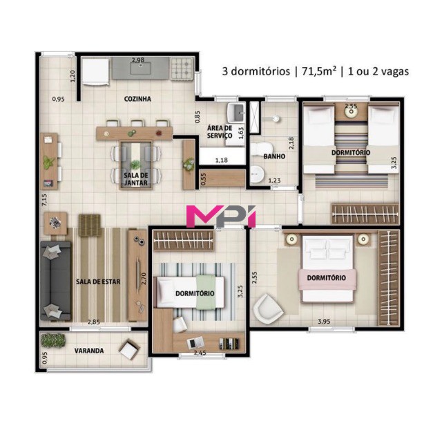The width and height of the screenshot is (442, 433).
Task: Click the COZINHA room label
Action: [x=137, y=99]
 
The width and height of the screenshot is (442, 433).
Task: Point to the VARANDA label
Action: [x=89, y=351]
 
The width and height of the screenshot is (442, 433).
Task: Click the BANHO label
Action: [x=274, y=156]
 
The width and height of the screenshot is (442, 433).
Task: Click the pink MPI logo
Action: [x=222, y=216]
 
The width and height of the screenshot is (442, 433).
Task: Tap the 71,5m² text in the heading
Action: [x=316, y=71]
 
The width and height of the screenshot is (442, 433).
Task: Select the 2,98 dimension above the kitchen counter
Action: [x=138, y=61]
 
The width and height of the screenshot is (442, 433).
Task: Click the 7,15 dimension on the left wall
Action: [x=44, y=201]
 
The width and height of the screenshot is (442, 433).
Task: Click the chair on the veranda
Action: [x=129, y=350]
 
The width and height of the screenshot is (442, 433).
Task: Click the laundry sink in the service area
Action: [x=236, y=112]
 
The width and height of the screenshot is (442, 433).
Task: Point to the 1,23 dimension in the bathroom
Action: [x=274, y=181]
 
